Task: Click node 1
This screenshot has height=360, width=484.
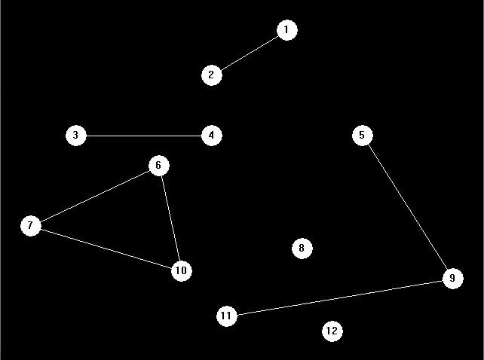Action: point(287,30)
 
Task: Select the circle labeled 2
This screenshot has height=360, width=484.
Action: point(212,75)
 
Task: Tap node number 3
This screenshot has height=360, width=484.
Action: point(76,136)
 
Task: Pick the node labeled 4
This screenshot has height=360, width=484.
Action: point(212,136)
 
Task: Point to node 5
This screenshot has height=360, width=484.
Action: point(363,136)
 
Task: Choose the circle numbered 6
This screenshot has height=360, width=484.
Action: point(159,166)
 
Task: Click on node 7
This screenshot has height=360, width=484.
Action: point(31,226)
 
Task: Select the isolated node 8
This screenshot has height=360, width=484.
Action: point(302,249)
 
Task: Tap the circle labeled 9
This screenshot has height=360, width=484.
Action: point(453,279)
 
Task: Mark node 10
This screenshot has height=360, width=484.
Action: point(182,271)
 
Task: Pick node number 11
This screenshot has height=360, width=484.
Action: point(227,316)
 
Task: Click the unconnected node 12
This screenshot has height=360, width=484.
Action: point(332,331)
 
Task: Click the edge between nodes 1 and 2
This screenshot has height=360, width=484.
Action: point(250,53)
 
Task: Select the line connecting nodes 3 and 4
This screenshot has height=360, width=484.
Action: point(144,136)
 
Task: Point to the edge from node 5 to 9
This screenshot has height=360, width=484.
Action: point(408,207)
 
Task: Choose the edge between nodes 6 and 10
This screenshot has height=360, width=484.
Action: point(170,218)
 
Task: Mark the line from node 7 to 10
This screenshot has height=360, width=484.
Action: point(106,249)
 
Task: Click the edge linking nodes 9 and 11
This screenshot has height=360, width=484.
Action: point(340,297)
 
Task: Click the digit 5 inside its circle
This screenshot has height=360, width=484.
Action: point(362,135)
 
